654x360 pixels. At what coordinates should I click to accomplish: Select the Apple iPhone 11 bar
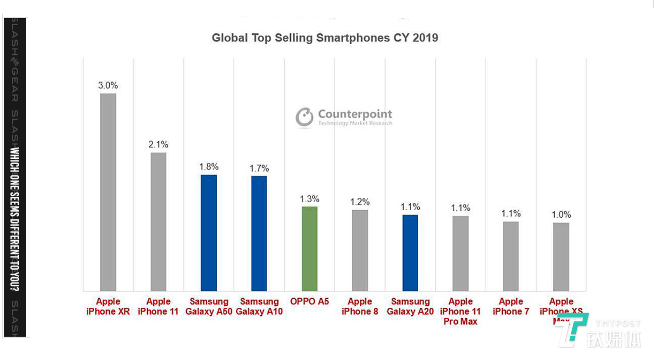coord(158,222)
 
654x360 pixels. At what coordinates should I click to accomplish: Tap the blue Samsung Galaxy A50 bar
coord(209,233)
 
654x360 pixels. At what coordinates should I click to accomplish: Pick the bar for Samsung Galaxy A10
coord(259,234)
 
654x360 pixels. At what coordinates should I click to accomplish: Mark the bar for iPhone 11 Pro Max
coord(461,253)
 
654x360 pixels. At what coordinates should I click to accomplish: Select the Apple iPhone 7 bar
coord(511,256)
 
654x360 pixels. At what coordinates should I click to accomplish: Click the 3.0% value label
coord(108,86)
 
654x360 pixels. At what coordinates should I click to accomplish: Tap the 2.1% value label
coord(158,145)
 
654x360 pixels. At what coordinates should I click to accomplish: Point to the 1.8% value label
coord(209,167)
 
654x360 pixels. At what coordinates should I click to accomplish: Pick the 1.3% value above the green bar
coord(309,199)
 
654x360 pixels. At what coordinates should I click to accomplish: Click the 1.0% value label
coord(561,214)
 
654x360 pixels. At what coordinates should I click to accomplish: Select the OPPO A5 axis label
coord(309,302)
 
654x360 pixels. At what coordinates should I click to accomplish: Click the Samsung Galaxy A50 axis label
coord(209,306)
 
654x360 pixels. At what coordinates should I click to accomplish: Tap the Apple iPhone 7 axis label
coord(511,306)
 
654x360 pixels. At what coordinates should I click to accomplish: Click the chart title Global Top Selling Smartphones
coord(325,38)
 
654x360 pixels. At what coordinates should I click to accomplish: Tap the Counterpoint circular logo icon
coord(304,117)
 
